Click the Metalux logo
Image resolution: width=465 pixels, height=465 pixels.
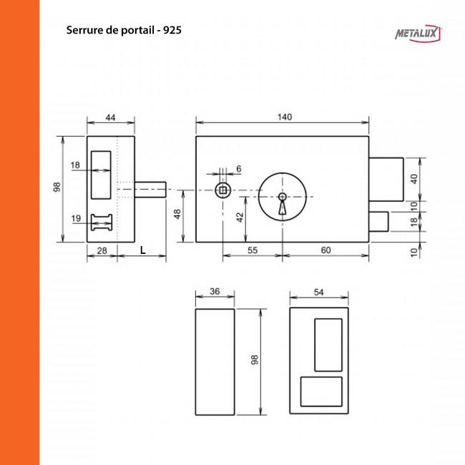point(418,34)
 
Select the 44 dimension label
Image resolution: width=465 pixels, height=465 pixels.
point(111,117)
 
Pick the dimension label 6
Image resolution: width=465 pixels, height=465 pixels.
point(238,169)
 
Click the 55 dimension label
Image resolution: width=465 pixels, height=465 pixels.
point(252,250)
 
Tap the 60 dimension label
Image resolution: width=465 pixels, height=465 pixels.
point(325,250)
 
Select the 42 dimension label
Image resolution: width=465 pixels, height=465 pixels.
point(240,215)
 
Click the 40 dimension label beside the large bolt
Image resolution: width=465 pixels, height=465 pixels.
point(413,179)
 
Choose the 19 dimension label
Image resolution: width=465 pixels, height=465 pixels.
point(76,218)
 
